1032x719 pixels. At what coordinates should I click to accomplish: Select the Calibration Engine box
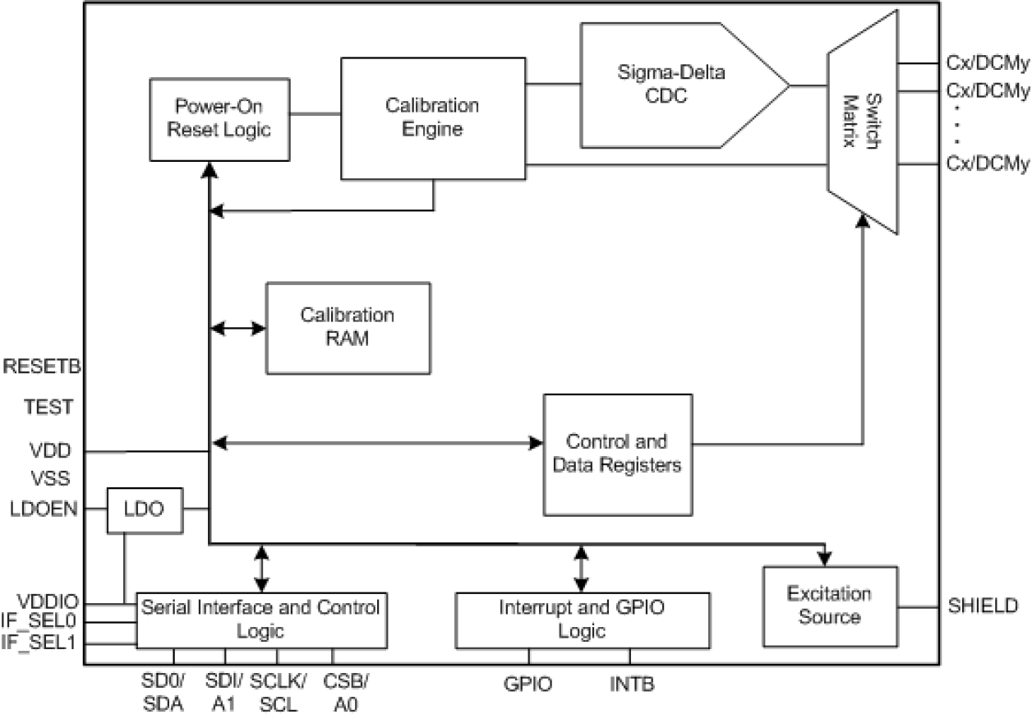[432, 118]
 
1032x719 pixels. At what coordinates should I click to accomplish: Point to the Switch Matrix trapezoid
[863, 131]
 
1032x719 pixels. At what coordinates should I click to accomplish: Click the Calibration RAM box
[348, 327]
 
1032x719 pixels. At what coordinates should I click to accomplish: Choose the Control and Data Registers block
[617, 454]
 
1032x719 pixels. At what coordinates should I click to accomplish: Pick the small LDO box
[146, 509]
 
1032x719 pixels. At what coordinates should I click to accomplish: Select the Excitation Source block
[830, 606]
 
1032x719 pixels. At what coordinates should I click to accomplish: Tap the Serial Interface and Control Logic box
[261, 620]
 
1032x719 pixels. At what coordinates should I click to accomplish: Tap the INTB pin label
[631, 684]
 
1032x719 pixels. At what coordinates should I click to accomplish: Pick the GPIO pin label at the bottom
[528, 684]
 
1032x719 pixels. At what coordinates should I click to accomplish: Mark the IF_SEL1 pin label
[39, 643]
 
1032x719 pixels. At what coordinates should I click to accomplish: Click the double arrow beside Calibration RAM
[238, 329]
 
